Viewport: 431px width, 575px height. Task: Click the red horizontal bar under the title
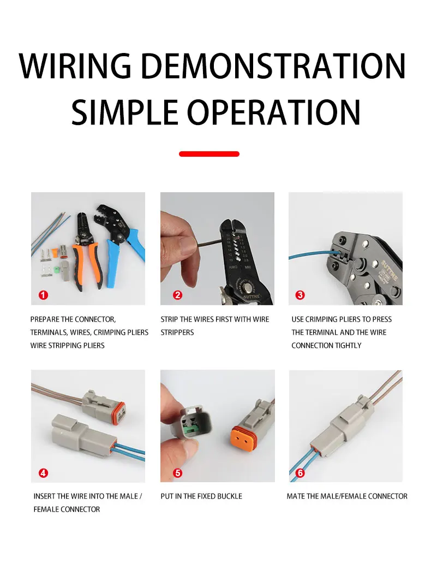point(209,154)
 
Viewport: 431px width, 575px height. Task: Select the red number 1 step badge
point(44,295)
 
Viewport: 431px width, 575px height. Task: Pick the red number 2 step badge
point(177,295)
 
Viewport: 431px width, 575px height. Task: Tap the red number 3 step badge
point(300,295)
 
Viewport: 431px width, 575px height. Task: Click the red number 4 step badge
point(44,473)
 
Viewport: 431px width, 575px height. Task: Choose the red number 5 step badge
point(177,473)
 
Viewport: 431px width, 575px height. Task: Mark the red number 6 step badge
point(300,473)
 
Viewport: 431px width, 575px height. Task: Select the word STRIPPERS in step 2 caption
point(177,333)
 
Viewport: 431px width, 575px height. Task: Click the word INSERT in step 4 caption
point(44,496)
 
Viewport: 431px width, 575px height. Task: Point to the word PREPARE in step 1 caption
point(44,319)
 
